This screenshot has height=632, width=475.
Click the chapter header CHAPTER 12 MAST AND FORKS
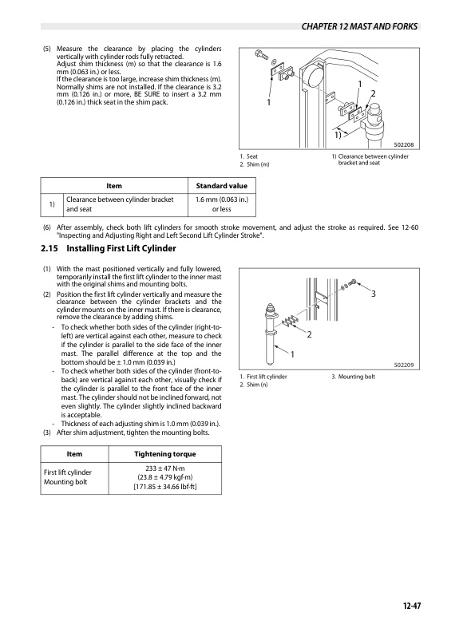[x=359, y=26]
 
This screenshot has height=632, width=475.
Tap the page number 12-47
[x=411, y=606]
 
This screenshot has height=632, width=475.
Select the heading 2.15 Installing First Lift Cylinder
[x=108, y=248]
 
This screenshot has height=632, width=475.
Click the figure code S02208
[x=404, y=144]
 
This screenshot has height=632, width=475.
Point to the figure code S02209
[x=404, y=365]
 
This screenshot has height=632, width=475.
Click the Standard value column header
[x=221, y=186]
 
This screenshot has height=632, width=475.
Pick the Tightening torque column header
[x=165, y=454]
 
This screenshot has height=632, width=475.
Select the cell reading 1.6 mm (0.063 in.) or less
[x=221, y=204]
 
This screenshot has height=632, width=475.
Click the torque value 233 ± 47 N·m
[x=165, y=468]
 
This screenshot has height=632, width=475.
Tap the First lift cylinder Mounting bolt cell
[x=68, y=477]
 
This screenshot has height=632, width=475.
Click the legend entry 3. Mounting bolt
[x=353, y=377]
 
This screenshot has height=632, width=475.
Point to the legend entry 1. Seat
[x=249, y=156]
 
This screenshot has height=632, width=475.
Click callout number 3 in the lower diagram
[x=374, y=294]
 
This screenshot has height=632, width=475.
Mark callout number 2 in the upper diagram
[x=373, y=93]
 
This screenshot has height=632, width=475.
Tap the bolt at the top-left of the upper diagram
[x=262, y=55]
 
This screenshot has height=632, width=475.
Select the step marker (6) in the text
[x=47, y=227]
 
